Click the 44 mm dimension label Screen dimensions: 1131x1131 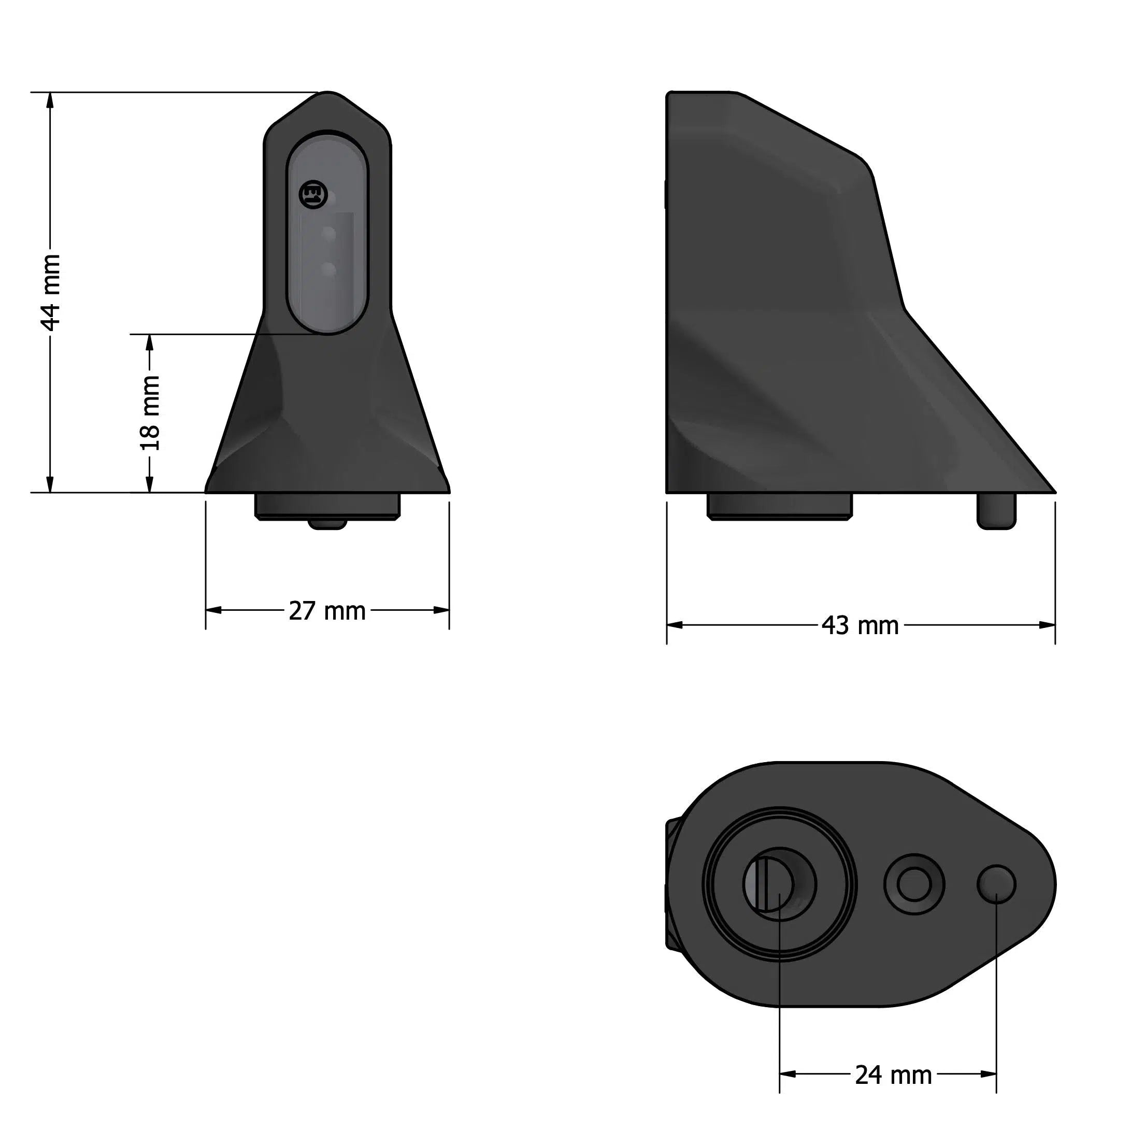(x=51, y=292)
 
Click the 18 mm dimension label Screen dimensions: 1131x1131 (x=150, y=413)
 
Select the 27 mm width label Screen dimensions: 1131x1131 (x=326, y=611)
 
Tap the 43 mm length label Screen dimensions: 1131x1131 (x=860, y=626)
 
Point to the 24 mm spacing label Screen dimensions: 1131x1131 (x=893, y=1076)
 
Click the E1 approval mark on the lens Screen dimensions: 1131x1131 (x=310, y=194)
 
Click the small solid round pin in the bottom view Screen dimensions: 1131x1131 (x=996, y=884)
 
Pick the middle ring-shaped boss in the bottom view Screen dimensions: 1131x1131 (x=914, y=884)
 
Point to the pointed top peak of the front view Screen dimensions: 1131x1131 (x=328, y=94)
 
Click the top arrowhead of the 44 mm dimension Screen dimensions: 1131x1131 (x=50, y=101)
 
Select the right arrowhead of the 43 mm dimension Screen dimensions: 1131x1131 (x=1047, y=625)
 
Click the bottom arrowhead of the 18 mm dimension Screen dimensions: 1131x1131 (x=149, y=483)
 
